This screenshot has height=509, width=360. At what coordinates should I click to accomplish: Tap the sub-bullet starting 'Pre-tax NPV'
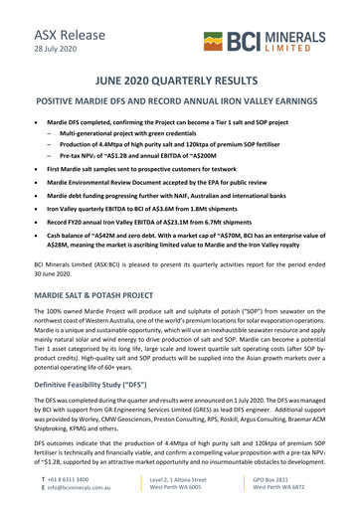click(150, 157)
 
